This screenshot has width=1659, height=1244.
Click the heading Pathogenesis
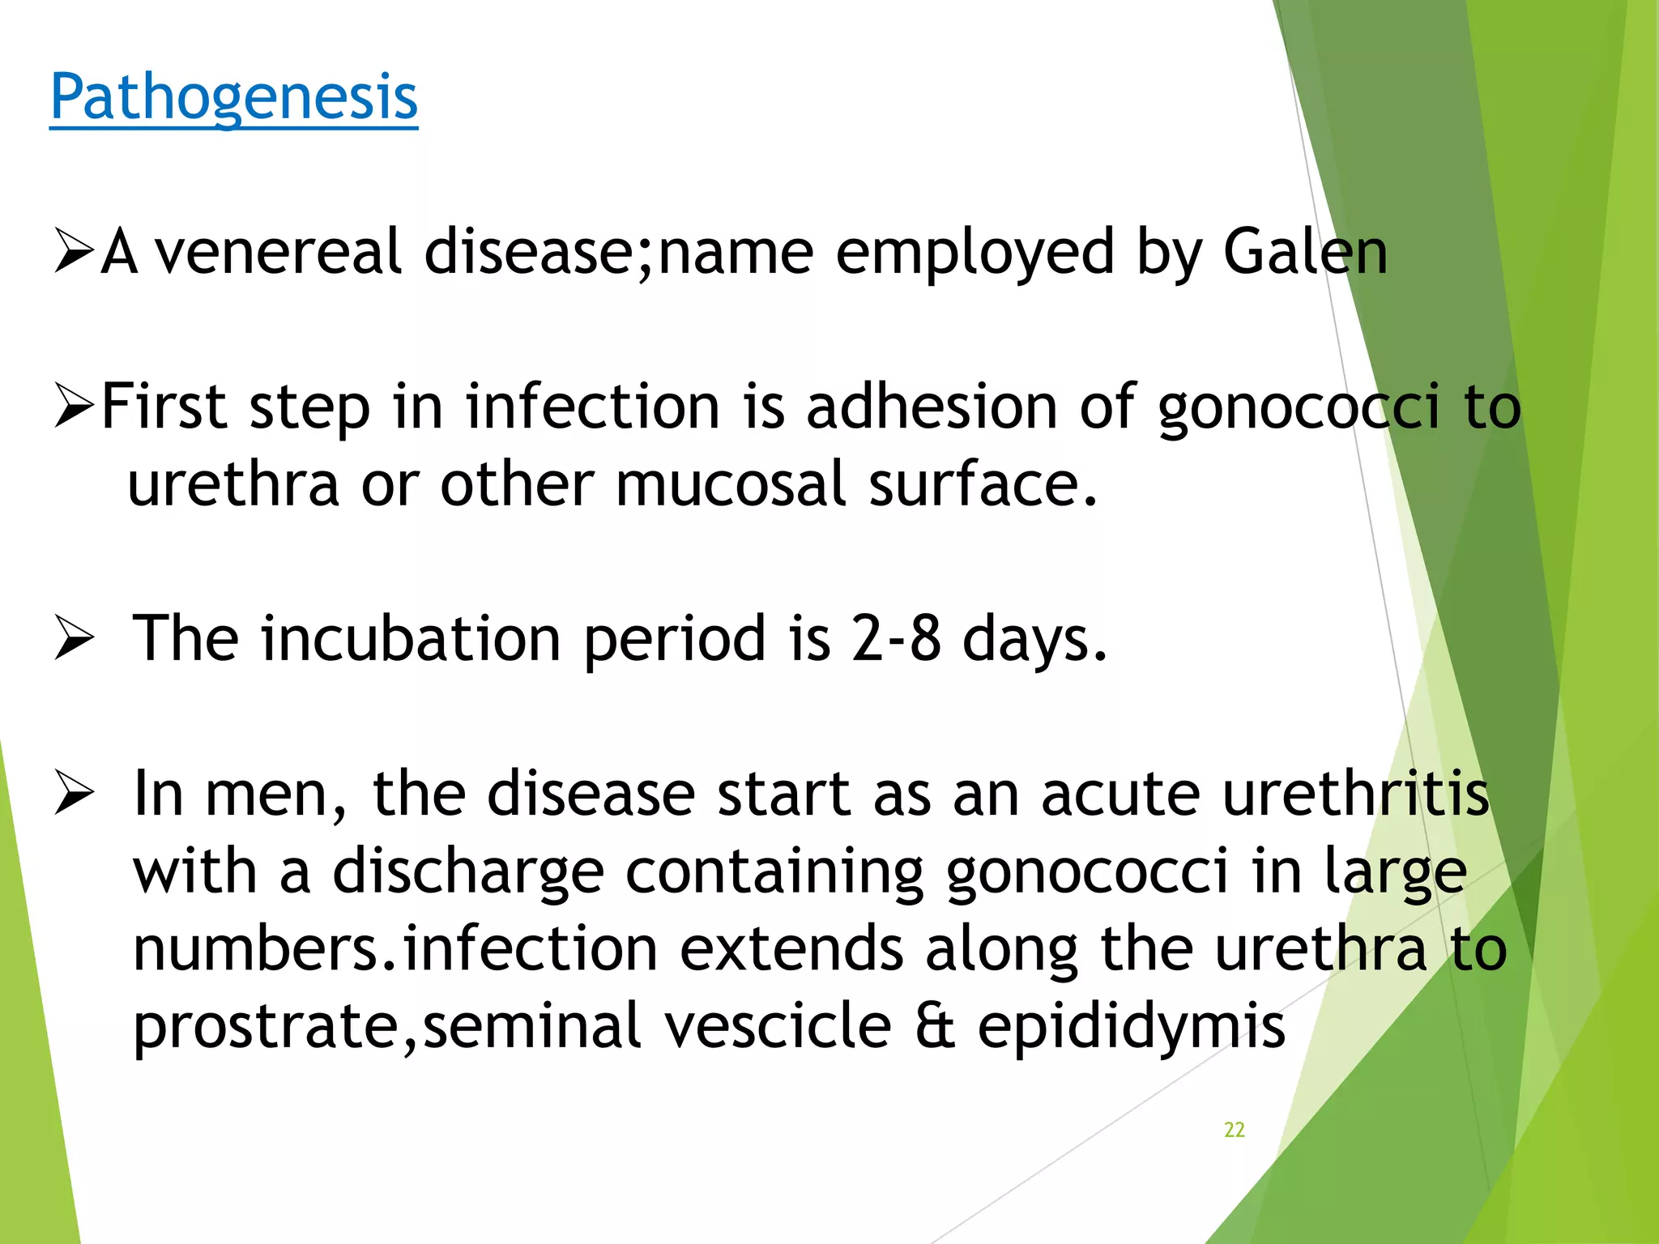tap(233, 97)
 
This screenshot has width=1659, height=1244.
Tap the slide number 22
tap(1234, 1130)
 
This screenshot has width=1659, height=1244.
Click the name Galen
tap(1305, 252)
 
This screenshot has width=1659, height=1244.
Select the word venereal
tap(278, 252)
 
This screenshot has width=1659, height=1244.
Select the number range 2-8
tap(896, 638)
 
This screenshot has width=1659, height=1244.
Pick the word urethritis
tap(1355, 794)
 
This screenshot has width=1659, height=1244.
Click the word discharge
tap(467, 872)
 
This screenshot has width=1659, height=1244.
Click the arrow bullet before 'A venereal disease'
tap(74, 251)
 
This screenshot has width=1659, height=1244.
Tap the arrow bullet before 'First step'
tap(74, 407)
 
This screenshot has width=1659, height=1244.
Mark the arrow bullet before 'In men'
tap(74, 795)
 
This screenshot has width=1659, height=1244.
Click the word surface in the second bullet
tap(983, 484)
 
